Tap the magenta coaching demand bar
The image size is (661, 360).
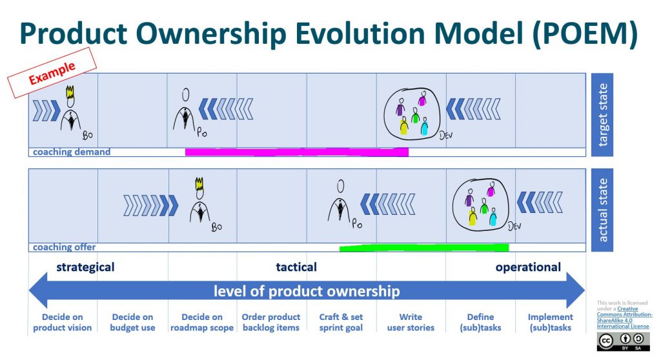(x=296, y=152)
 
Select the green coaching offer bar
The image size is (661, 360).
(x=423, y=247)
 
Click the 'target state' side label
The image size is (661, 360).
(x=602, y=115)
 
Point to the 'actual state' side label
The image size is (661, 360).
(x=602, y=210)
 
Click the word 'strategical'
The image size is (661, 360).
(x=85, y=267)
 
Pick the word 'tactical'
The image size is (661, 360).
(x=296, y=267)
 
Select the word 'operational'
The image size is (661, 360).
(x=528, y=267)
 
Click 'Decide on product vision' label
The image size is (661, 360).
(x=63, y=322)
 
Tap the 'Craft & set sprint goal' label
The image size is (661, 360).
(x=341, y=322)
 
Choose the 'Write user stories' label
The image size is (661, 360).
(x=411, y=322)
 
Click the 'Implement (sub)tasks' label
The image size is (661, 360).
(x=550, y=322)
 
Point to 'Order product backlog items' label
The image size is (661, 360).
(x=271, y=322)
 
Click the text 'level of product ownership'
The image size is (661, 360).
(x=307, y=291)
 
